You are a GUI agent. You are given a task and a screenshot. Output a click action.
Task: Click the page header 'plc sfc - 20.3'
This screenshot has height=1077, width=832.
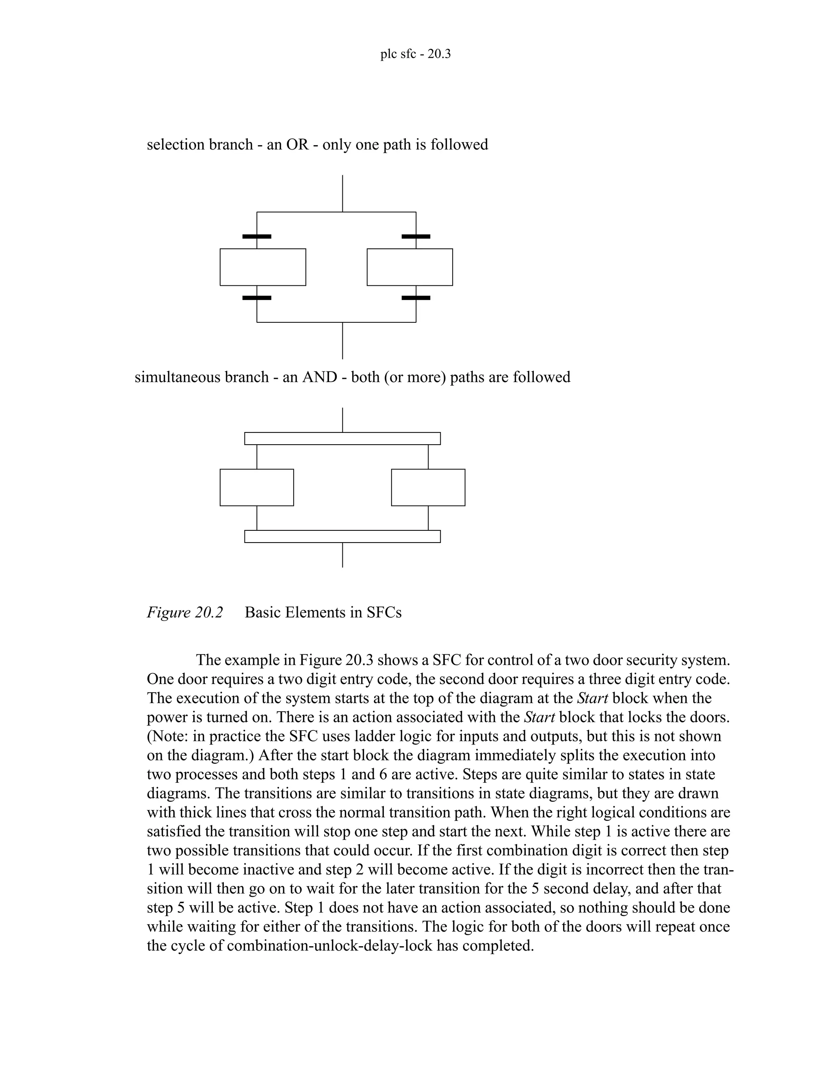tap(415, 54)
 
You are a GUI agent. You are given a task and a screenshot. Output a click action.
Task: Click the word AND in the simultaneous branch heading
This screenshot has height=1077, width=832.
tap(319, 377)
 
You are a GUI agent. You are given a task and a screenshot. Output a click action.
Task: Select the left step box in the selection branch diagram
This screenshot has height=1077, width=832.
tap(263, 267)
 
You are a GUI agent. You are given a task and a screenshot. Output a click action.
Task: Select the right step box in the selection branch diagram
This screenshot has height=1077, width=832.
tap(409, 267)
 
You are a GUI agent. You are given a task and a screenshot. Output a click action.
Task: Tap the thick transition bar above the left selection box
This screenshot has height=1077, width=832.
tap(257, 237)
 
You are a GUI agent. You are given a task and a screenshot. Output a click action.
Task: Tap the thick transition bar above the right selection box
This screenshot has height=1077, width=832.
tap(416, 237)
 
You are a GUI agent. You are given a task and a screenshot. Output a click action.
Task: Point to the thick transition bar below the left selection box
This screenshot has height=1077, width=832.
tap(257, 298)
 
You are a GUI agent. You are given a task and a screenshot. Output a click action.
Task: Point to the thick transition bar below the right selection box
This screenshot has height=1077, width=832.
tap(416, 298)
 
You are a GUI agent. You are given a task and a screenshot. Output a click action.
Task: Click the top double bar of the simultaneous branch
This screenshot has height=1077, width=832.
tap(342, 439)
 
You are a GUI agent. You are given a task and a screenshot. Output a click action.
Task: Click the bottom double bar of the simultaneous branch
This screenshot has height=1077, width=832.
tap(342, 536)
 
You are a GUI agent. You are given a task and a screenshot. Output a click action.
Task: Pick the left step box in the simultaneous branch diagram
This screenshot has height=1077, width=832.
tap(257, 487)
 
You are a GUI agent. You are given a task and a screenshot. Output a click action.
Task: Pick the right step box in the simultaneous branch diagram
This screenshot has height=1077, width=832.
tap(428, 487)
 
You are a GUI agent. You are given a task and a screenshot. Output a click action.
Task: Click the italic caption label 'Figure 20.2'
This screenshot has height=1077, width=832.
tap(185, 612)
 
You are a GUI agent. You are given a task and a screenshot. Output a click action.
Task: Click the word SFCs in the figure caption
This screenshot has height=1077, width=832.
tap(384, 612)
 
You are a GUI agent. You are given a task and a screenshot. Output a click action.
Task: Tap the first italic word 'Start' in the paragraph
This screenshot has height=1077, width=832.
tap(592, 698)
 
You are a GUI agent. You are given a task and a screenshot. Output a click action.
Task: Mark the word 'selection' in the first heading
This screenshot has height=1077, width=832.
tap(175, 145)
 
